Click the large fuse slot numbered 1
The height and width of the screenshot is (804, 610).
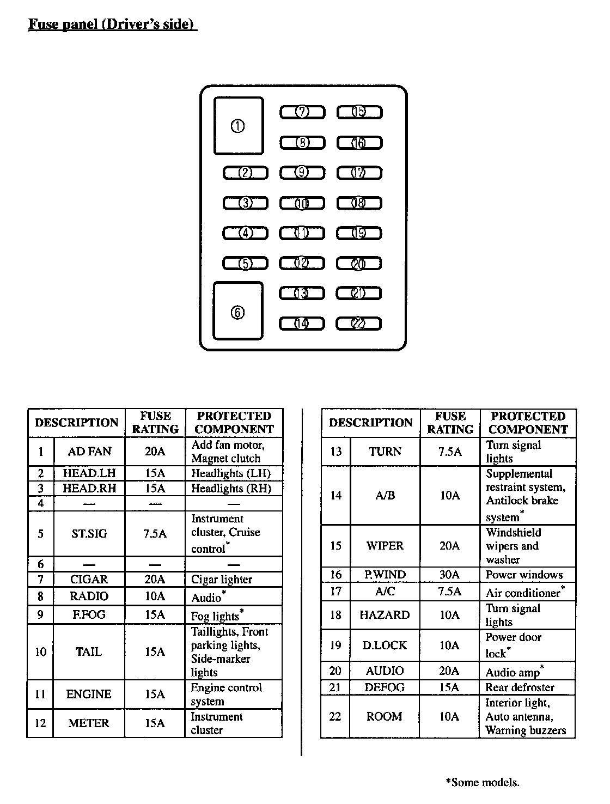tap(238, 126)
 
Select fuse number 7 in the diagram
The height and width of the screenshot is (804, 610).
tap(302, 112)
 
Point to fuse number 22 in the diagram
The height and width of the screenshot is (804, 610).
tap(358, 324)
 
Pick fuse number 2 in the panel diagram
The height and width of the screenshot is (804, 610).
tap(246, 173)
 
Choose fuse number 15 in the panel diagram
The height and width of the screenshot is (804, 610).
tap(359, 112)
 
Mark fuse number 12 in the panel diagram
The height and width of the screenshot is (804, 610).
tap(302, 264)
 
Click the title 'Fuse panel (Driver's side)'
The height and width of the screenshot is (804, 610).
tap(112, 25)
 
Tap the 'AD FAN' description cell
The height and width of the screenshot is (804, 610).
tap(89, 452)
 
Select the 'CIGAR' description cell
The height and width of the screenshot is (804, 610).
tap(89, 580)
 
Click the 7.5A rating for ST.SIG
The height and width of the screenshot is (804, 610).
tap(155, 534)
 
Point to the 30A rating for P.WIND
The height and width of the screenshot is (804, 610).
tap(450, 575)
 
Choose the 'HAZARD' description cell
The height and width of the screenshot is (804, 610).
tap(385, 615)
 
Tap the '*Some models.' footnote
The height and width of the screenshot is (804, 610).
tap(483, 783)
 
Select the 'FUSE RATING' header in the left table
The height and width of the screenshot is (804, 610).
tap(155, 423)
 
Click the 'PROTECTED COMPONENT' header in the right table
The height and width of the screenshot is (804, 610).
tap(528, 423)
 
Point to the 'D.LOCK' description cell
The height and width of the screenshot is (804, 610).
tap(385, 645)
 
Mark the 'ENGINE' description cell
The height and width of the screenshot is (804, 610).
tap(89, 694)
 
